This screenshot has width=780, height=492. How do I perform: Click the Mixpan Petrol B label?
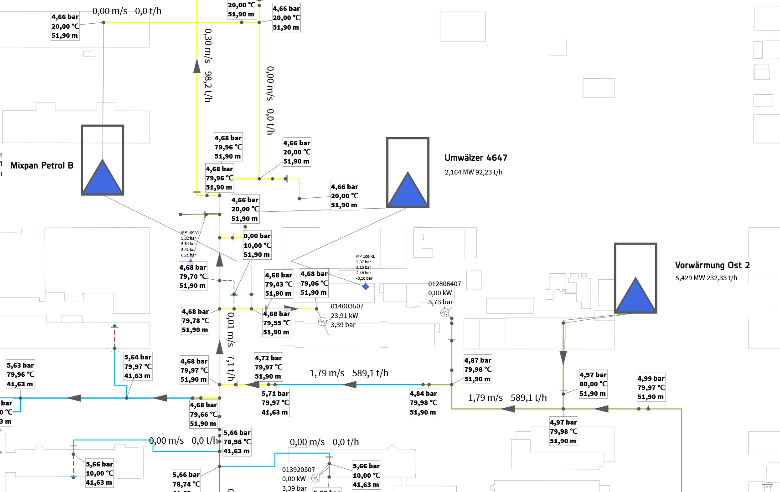coord(42,165)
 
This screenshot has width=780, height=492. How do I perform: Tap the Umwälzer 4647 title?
coord(475,158)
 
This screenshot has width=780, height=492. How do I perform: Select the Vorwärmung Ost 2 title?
coord(712,265)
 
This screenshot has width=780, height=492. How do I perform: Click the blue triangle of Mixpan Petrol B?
coord(103,177)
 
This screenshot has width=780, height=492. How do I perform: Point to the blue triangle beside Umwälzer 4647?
coord(408,190)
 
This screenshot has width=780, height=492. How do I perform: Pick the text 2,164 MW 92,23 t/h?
coord(473,172)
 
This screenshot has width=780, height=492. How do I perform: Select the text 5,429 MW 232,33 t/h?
coord(706,278)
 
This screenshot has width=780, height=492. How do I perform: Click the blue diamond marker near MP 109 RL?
coord(366,287)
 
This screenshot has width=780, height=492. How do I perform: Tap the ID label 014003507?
coord(347,306)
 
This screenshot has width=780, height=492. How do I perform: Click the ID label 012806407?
coord(444,284)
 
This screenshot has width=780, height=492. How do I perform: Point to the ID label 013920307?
coord(299,470)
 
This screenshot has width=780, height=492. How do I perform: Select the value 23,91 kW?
coord(344,316)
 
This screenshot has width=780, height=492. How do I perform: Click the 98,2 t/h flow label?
coord(208,86)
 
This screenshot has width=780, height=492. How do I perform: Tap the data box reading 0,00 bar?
coord(257,245)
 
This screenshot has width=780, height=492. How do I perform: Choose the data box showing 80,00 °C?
coord(593,384)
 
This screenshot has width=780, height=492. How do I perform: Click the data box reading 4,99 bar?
coord(651,388)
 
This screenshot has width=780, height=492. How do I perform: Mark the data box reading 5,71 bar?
coord(275,403)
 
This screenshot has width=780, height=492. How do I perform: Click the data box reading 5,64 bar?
coord(138,366)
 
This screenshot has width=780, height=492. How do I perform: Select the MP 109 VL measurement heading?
coord(190,233)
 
